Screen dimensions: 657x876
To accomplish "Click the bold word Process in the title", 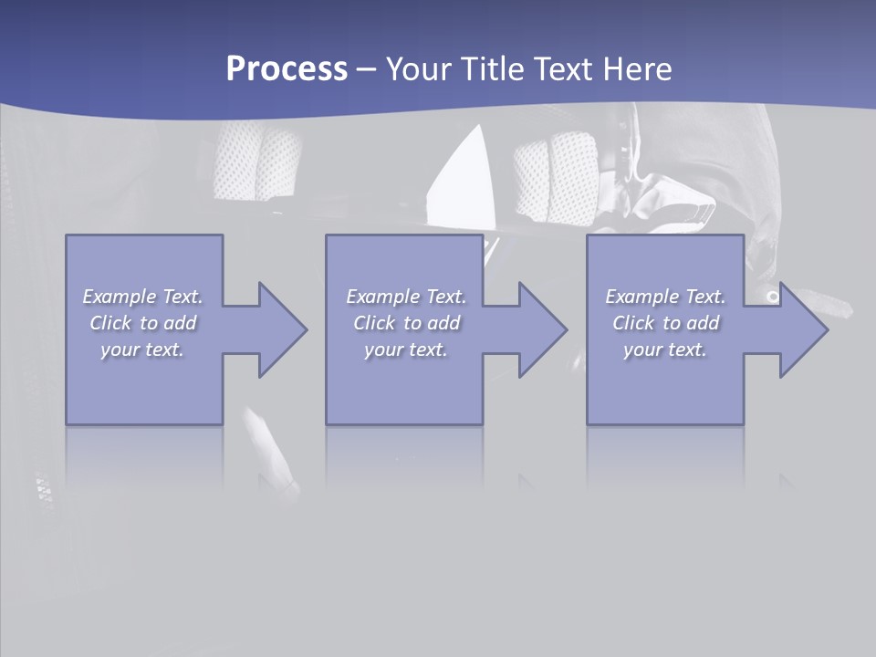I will tap(287, 69).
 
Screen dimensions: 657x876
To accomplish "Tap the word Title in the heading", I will tap(493, 69).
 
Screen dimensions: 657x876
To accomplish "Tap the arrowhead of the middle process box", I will tap(542, 329).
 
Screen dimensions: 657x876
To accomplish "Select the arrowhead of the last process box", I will tap(802, 329).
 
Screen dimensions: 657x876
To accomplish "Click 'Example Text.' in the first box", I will tap(143, 297).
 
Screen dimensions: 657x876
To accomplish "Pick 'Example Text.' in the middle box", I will tap(406, 297).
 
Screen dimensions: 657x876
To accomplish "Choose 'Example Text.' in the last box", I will tap(665, 297).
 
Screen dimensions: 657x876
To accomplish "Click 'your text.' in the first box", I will tap(142, 349).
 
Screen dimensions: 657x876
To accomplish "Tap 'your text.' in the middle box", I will tap(405, 349).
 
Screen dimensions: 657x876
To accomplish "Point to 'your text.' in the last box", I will tap(664, 349).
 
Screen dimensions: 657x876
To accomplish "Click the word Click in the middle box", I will tap(374, 323).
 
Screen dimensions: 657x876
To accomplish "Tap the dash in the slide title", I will tap(366, 69).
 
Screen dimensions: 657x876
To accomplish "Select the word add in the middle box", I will tap(443, 323).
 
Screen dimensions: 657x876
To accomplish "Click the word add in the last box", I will tap(703, 323).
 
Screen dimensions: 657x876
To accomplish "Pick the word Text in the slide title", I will tap(563, 69).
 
